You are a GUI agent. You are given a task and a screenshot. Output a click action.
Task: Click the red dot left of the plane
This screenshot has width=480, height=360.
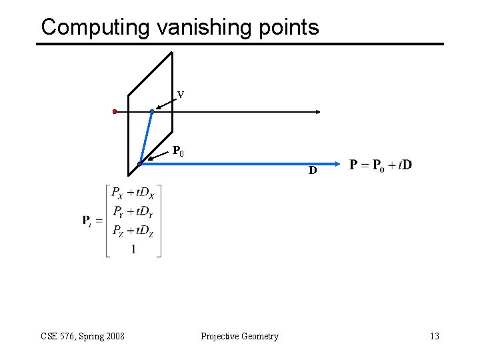tap(115, 111)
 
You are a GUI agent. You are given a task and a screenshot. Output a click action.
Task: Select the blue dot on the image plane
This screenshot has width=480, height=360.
tap(152, 111)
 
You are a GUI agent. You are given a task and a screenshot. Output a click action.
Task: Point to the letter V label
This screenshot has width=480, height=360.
tap(181, 95)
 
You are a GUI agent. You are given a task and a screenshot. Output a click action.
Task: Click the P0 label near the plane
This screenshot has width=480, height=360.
tap(178, 151)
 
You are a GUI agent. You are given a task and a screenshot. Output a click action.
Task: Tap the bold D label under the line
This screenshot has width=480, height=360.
tap(312, 171)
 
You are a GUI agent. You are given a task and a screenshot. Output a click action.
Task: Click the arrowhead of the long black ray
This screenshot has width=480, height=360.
tap(319, 111)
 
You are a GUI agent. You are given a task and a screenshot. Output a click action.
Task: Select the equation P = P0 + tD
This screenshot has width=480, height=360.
tap(381, 165)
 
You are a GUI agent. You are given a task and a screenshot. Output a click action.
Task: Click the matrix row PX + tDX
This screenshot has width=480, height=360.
tap(133, 193)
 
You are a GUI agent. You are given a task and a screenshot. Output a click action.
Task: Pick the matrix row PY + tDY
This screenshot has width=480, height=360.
tap(133, 212)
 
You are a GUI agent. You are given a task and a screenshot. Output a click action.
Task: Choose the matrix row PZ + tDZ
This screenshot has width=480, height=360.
tap(133, 231)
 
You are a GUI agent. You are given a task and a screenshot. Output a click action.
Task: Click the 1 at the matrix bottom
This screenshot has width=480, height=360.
tap(133, 249)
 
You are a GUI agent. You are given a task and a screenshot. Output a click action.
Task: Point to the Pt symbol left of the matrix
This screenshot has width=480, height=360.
tap(87, 221)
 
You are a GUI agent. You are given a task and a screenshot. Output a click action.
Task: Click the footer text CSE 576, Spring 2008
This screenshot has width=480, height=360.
tap(83, 336)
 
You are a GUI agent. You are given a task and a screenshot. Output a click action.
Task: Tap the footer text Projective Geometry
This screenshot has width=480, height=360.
tap(239, 336)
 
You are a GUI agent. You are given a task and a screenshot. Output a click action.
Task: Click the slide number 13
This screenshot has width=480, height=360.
tap(435, 336)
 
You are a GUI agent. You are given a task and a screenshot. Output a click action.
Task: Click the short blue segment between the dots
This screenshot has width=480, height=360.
tap(146, 137)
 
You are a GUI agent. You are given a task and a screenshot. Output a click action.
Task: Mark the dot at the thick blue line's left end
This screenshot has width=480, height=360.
tap(140, 163)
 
